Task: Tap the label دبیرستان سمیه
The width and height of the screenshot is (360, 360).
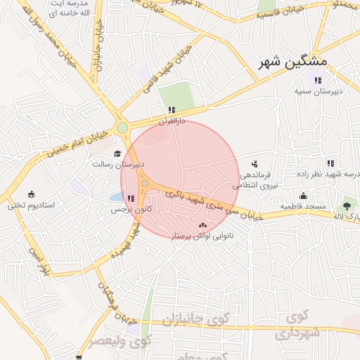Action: point(318,91)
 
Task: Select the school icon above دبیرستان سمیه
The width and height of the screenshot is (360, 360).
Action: point(318,80)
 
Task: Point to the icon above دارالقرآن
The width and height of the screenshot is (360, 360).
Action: point(171,110)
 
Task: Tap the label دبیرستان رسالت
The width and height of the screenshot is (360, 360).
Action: point(117,164)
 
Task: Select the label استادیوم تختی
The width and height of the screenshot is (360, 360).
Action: point(26,205)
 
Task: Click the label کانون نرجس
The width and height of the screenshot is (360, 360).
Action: point(127,210)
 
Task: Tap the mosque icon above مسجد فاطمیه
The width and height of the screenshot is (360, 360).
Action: point(303,195)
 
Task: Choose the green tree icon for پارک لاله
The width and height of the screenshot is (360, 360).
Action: point(346,207)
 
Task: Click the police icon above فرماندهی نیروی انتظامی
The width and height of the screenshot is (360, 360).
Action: point(254,163)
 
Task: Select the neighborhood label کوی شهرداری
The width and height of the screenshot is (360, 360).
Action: point(299,324)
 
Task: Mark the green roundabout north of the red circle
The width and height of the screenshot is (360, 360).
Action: point(123,128)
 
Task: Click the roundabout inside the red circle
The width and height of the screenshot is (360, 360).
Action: point(146,184)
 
